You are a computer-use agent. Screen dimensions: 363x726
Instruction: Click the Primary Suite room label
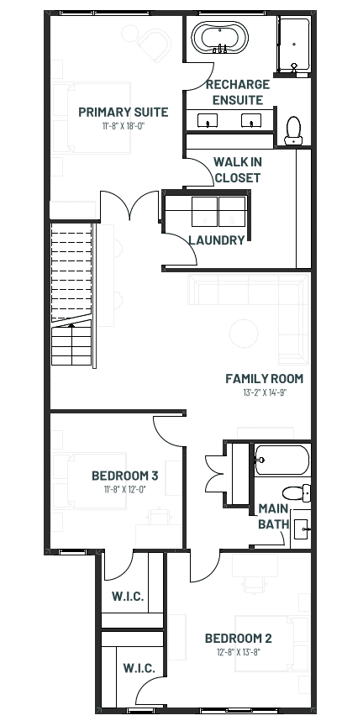click(x=124, y=112)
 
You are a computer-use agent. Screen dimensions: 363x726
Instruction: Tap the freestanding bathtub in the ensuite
click(x=220, y=38)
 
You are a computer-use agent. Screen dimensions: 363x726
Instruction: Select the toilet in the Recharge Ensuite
click(x=293, y=130)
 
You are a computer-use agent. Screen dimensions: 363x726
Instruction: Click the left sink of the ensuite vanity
click(x=208, y=120)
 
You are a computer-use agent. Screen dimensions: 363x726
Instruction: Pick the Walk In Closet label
click(x=238, y=170)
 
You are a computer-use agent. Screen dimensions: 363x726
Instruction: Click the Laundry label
click(x=217, y=240)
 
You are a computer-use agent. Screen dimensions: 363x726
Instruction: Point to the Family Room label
click(x=265, y=379)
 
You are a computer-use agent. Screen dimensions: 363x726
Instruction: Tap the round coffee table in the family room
click(x=244, y=334)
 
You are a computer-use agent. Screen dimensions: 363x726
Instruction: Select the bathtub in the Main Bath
click(x=281, y=460)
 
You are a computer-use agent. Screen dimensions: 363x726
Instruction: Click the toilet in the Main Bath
click(x=297, y=492)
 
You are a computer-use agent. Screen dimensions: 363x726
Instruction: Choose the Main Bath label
click(x=274, y=516)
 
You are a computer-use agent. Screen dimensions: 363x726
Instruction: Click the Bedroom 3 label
click(x=125, y=476)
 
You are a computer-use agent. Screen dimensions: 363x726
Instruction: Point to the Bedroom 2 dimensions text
click(x=238, y=652)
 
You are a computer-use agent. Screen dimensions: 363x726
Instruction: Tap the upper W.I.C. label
click(x=128, y=597)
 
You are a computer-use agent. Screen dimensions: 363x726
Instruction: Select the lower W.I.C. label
click(x=139, y=669)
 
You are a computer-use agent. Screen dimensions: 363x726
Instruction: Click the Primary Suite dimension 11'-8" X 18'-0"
click(x=124, y=126)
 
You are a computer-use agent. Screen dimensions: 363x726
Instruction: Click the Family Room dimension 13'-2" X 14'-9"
click(x=265, y=392)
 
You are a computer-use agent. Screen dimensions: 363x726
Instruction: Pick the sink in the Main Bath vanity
click(x=302, y=528)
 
